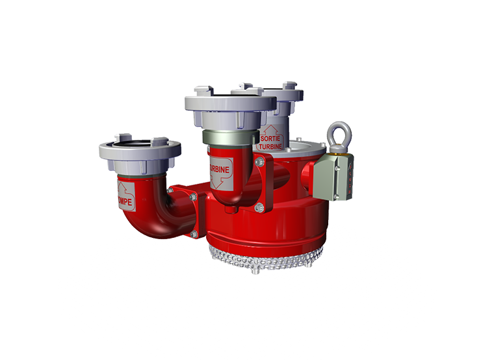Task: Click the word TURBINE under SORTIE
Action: coord(271,147)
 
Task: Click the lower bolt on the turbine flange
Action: coord(259,207)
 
